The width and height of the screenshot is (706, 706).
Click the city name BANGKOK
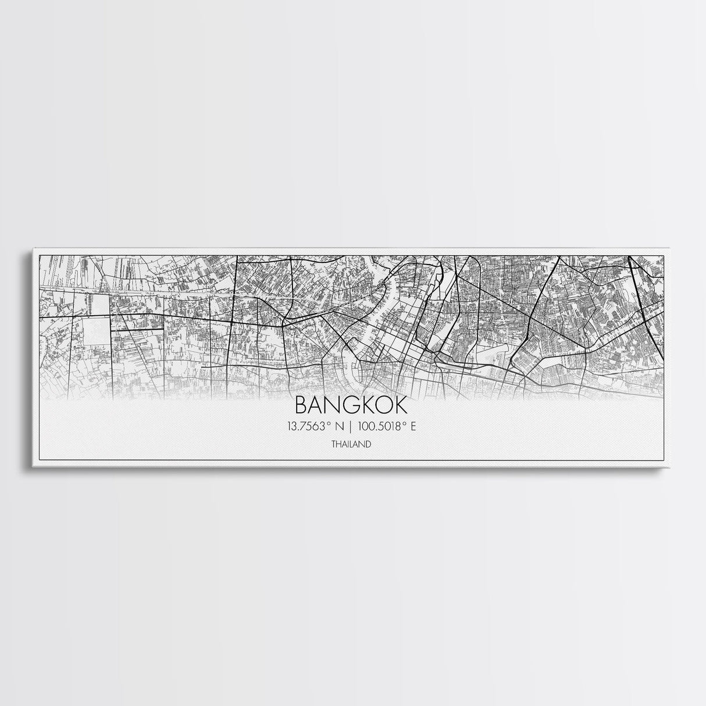[352, 405]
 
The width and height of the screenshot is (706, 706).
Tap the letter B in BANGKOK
[302, 405]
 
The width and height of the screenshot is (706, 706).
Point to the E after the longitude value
[413, 426]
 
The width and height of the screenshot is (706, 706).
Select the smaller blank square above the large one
[98, 304]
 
